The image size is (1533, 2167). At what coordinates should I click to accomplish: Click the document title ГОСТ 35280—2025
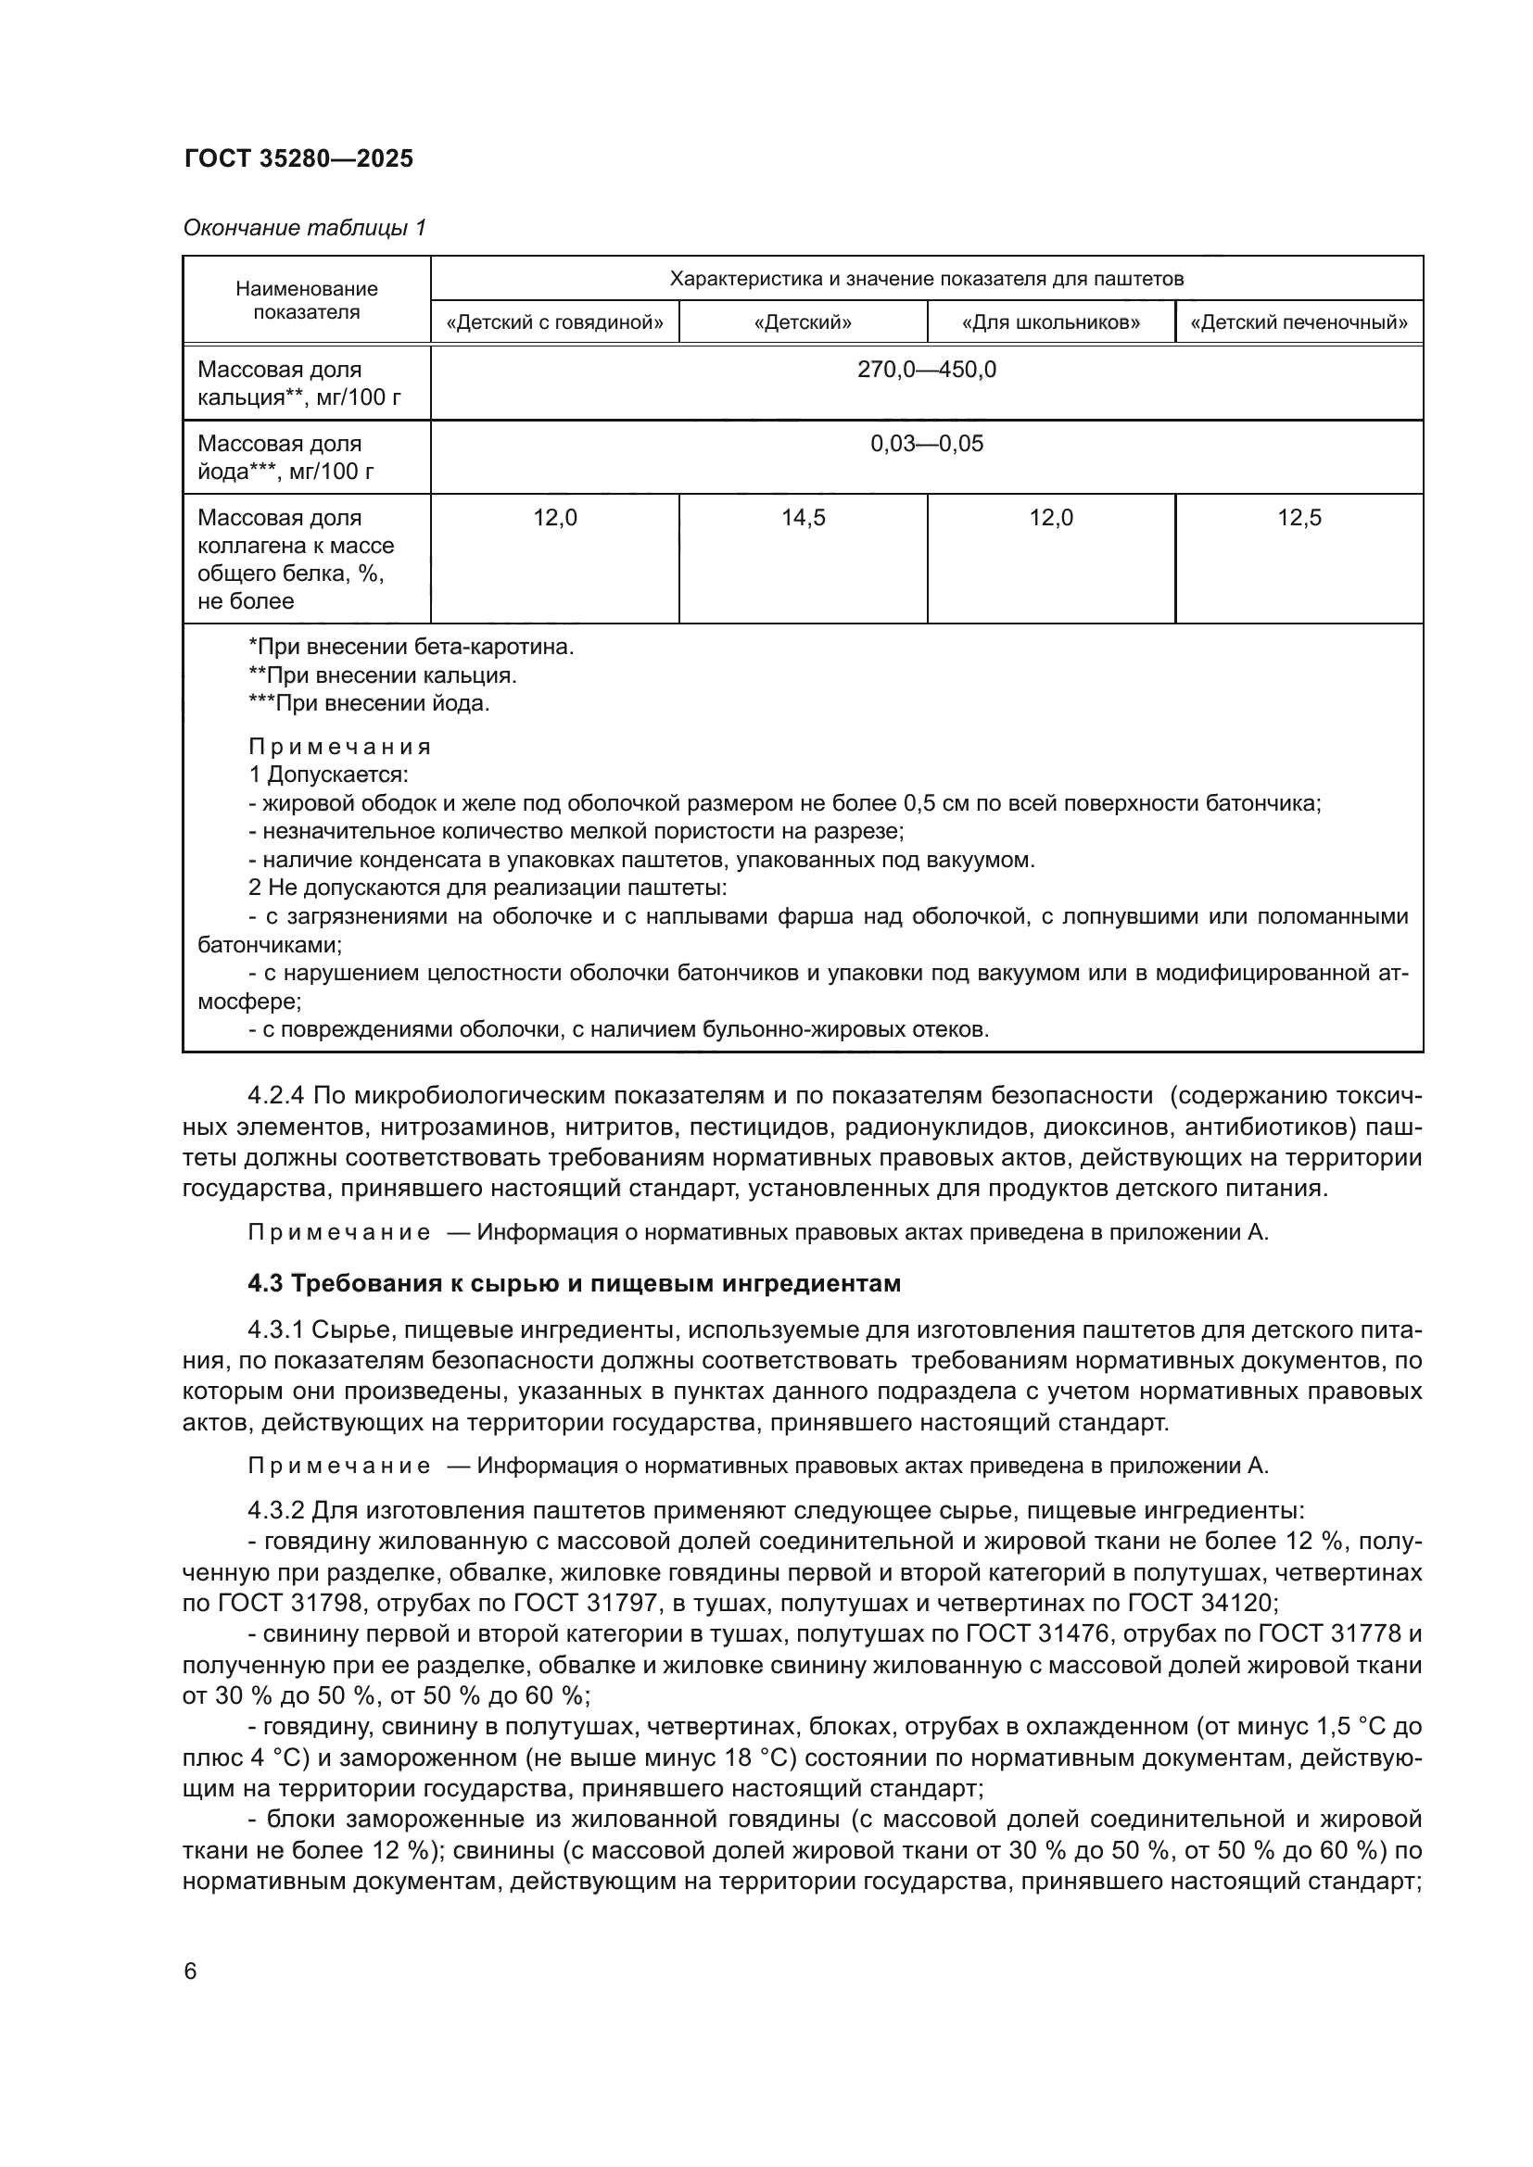[298, 158]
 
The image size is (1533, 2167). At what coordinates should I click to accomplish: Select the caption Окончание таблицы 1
[304, 228]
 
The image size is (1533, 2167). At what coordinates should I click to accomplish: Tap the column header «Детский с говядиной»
[554, 322]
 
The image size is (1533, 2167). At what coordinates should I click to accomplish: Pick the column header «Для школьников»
[1051, 322]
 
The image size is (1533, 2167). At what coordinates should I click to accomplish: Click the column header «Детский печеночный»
[1299, 322]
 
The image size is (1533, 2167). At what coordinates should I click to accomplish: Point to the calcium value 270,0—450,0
[926, 370]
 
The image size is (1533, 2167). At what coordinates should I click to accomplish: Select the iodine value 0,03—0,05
[926, 444]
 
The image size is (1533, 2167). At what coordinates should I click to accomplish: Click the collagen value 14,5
[803, 518]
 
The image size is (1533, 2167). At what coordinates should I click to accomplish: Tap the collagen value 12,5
[1299, 518]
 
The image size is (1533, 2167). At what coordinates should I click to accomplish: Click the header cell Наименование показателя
[306, 300]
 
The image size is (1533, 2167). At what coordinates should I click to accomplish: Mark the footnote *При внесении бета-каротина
[411, 648]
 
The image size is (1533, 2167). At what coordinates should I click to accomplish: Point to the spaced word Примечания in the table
[339, 747]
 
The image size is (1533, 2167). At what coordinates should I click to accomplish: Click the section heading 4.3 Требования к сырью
[573, 1283]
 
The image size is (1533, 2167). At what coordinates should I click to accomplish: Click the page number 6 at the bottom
[191, 1972]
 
